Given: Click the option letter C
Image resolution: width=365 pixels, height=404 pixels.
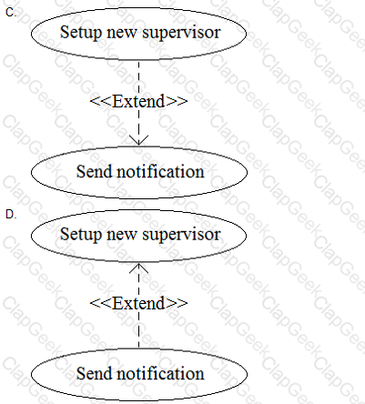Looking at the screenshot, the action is click(x=11, y=13).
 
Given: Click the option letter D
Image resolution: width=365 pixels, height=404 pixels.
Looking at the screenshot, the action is click(x=11, y=215).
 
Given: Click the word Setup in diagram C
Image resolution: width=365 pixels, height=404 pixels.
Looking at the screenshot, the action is click(x=80, y=33).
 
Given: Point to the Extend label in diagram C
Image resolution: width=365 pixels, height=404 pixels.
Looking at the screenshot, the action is click(x=138, y=101).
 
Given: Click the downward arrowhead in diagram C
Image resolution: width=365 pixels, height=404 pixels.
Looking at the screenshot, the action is click(x=138, y=140).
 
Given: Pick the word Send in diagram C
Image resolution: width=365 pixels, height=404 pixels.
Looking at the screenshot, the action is click(x=95, y=171).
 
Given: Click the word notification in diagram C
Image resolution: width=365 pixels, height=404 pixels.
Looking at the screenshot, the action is click(x=160, y=171).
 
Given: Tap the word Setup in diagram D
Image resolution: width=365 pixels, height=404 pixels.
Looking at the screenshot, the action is click(x=80, y=235).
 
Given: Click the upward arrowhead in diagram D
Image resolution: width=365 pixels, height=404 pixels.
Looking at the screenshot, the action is click(x=138, y=268).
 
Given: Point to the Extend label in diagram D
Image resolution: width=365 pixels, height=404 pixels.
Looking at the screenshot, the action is click(x=138, y=303).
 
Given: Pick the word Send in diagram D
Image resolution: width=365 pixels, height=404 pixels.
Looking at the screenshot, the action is click(x=95, y=373).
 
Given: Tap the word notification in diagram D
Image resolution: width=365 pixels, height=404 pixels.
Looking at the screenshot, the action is click(x=160, y=373).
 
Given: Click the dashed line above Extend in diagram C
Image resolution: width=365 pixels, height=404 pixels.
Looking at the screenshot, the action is click(x=138, y=77).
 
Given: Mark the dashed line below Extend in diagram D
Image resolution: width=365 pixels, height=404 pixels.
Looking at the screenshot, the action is click(x=138, y=330).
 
